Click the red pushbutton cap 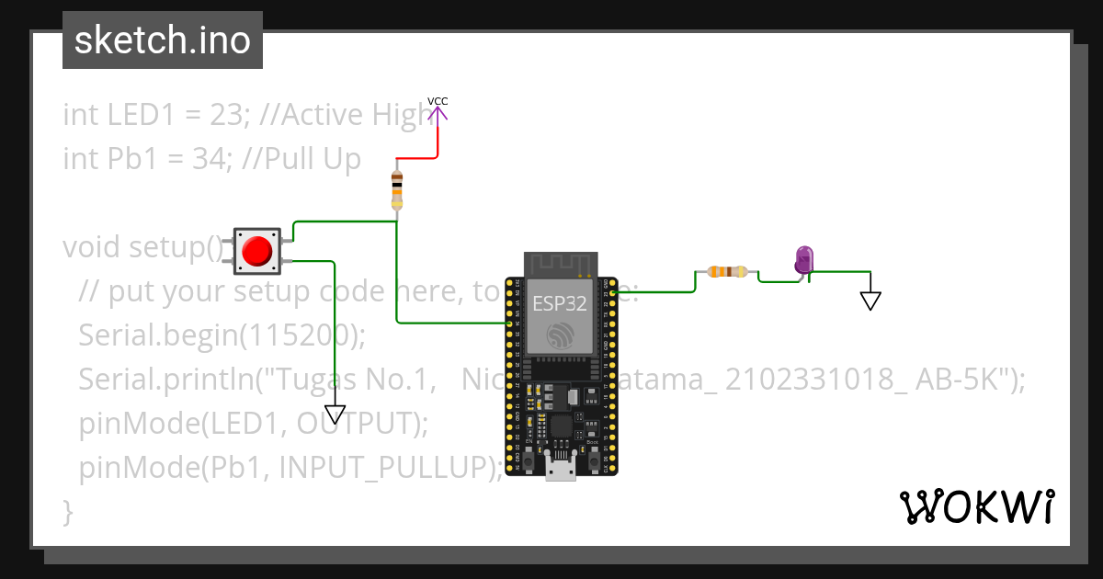[x=256, y=250]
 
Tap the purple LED [x=804, y=258]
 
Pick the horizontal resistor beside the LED [x=727, y=271]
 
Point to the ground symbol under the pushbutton [x=335, y=413]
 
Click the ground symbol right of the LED [x=870, y=301]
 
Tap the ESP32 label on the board [x=560, y=305]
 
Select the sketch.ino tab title [x=163, y=40]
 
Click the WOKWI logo [x=977, y=506]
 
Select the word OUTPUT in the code [x=356, y=424]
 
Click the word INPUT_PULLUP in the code [x=390, y=468]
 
